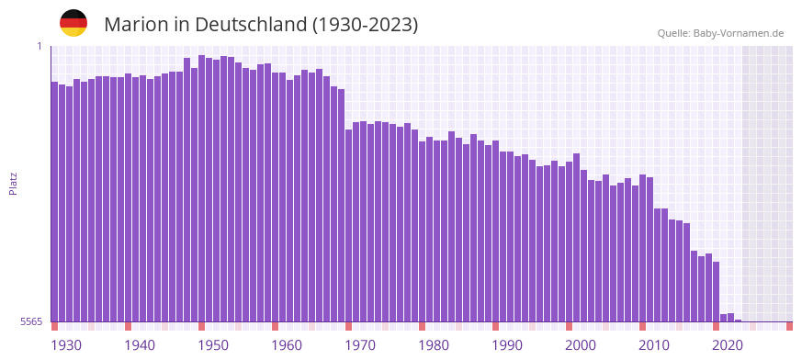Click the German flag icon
click(73, 23)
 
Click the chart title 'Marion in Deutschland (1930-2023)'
click(261, 25)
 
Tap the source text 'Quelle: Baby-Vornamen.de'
click(720, 33)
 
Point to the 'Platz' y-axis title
click(13, 183)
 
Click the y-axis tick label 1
click(40, 46)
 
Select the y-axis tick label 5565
click(31, 321)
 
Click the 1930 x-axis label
click(66, 345)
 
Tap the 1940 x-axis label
click(140, 345)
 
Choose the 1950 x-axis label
click(213, 345)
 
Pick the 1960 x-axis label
click(287, 345)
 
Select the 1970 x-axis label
click(360, 345)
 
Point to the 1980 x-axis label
click(434, 345)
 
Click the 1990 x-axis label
click(507, 345)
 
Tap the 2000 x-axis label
click(581, 345)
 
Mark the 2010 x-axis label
click(654, 345)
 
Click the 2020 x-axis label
click(728, 345)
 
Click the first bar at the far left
click(55, 202)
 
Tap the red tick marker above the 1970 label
click(349, 326)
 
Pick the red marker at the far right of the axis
click(789, 326)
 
